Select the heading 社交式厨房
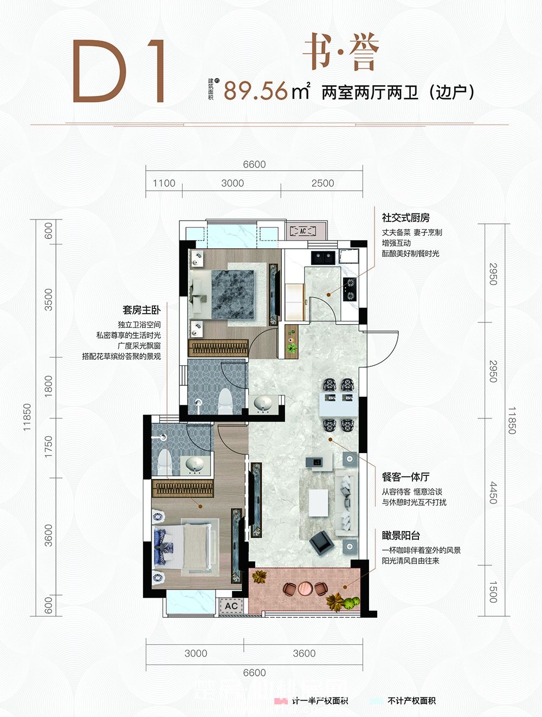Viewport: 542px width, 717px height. click(x=405, y=218)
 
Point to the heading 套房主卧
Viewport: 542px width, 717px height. click(x=141, y=310)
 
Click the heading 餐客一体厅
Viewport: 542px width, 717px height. click(x=405, y=477)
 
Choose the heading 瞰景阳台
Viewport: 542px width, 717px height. click(x=401, y=535)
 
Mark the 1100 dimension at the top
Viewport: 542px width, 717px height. click(x=164, y=183)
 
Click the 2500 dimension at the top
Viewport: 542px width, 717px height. click(x=322, y=183)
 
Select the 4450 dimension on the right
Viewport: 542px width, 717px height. click(x=493, y=493)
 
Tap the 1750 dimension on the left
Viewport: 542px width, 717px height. click(x=49, y=447)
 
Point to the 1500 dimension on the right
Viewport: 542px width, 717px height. click(x=493, y=592)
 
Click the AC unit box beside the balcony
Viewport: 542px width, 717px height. click(x=231, y=606)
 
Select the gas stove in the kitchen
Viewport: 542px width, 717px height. click(x=350, y=289)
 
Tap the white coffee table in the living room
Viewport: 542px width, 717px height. click(x=318, y=503)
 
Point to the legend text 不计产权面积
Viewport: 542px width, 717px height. click(x=411, y=701)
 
